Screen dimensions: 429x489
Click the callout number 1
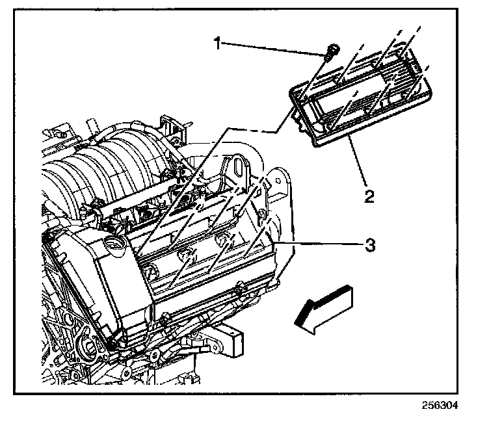point(220,44)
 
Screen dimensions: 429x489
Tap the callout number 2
point(369,195)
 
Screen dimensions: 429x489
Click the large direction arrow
point(323,309)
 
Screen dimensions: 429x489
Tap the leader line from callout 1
point(273,46)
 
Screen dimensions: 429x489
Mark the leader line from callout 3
point(319,244)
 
